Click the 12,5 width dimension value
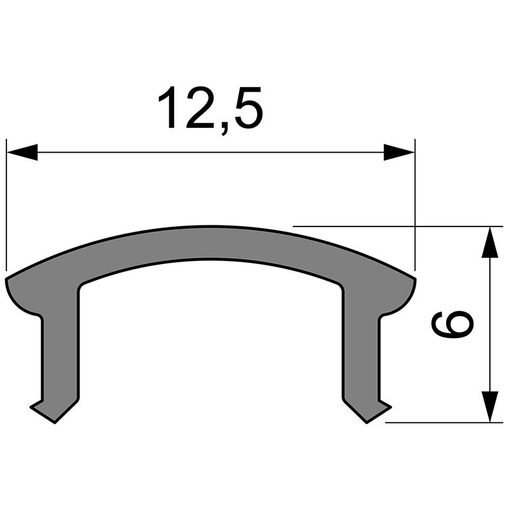[210, 109]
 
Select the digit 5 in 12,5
[245, 109]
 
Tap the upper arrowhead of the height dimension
[489, 242]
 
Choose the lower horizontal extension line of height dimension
[445, 422]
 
